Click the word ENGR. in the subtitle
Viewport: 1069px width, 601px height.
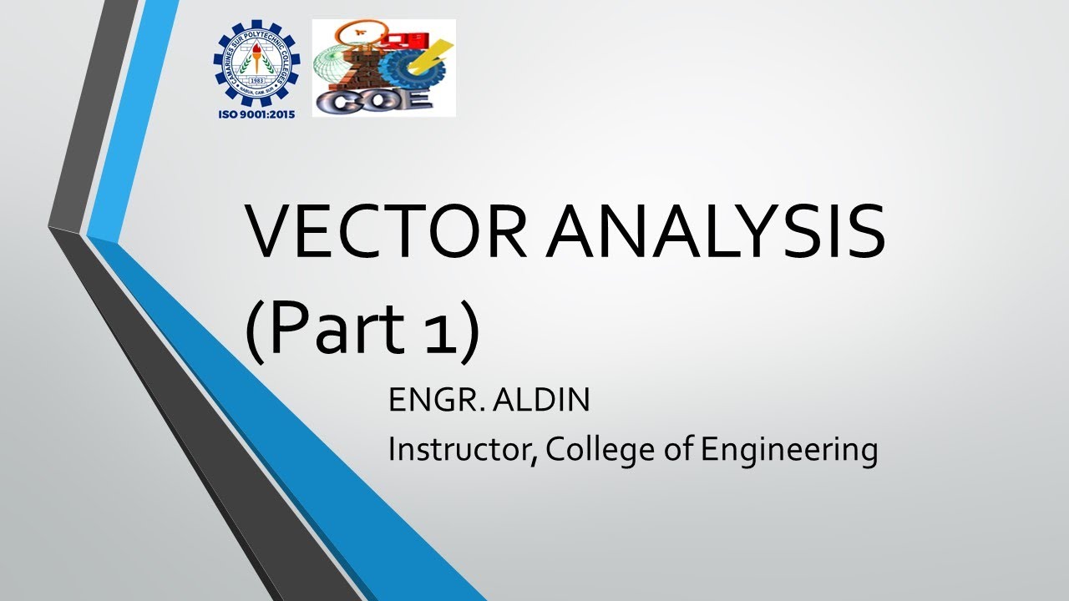pos(434,401)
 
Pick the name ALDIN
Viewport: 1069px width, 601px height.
pos(541,401)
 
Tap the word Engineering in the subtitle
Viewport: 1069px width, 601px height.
pos(789,451)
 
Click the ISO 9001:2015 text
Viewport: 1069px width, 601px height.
pos(256,112)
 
